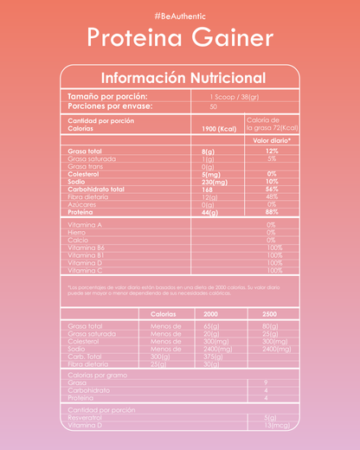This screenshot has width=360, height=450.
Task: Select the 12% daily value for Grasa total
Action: click(x=272, y=151)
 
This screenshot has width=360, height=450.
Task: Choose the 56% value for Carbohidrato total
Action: click(x=272, y=189)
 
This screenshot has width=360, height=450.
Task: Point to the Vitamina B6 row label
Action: click(x=87, y=247)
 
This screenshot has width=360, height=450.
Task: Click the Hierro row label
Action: click(x=77, y=232)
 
